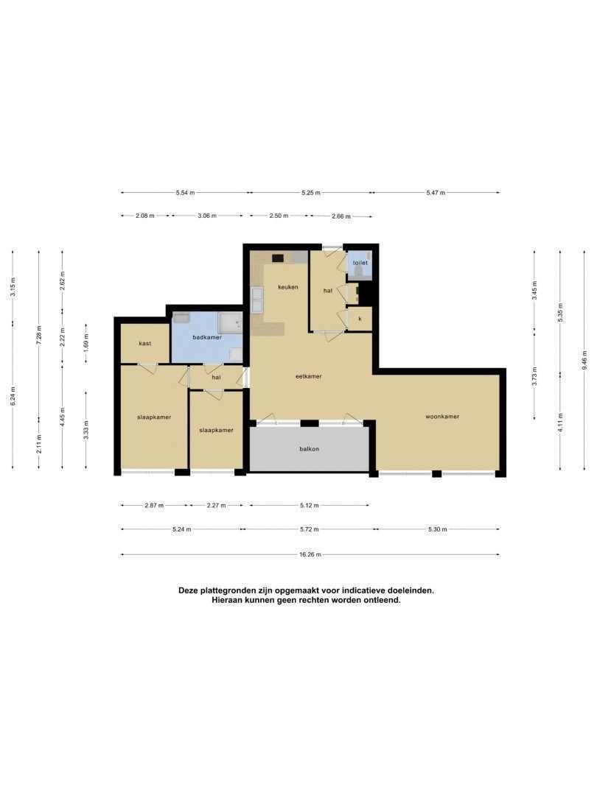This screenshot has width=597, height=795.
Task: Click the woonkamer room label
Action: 442,417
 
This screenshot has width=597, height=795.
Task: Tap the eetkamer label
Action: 309,376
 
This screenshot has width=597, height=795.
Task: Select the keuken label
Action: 288,287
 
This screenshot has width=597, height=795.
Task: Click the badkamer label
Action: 207,337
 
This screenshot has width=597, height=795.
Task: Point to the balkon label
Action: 309,449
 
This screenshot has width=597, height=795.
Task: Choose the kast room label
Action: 145,343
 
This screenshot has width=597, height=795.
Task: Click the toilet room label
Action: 360,263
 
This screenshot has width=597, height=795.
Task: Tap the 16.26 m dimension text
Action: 310,555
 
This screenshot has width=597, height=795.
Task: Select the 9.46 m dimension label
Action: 584,360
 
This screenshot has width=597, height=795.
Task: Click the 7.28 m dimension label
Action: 39,335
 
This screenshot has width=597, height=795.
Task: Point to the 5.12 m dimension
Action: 309,506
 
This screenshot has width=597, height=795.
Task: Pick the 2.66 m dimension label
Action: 341,216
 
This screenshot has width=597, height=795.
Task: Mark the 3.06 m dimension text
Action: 207,216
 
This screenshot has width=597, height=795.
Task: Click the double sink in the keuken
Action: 257,300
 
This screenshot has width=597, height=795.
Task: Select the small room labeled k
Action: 360,319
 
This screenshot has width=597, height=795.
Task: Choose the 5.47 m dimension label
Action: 436,193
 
